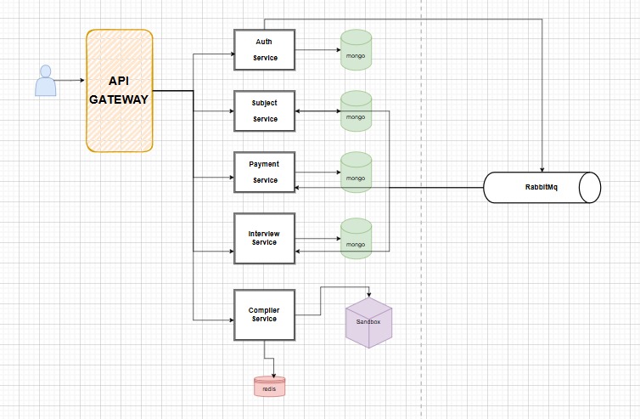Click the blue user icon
45,81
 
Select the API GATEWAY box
120,91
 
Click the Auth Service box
265,50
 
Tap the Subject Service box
265,111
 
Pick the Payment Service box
265,172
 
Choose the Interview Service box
265,238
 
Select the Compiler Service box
265,315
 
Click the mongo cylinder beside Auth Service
356,50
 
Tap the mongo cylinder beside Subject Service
356,111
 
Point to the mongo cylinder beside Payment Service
356,172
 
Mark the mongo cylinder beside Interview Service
356,238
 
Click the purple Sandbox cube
369,322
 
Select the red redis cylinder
269,387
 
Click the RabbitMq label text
542,187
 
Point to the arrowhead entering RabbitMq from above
542,170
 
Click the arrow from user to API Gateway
70,81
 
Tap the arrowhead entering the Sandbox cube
369,295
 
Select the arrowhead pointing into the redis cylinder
273,376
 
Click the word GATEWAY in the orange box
119,99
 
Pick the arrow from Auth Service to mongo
318,50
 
